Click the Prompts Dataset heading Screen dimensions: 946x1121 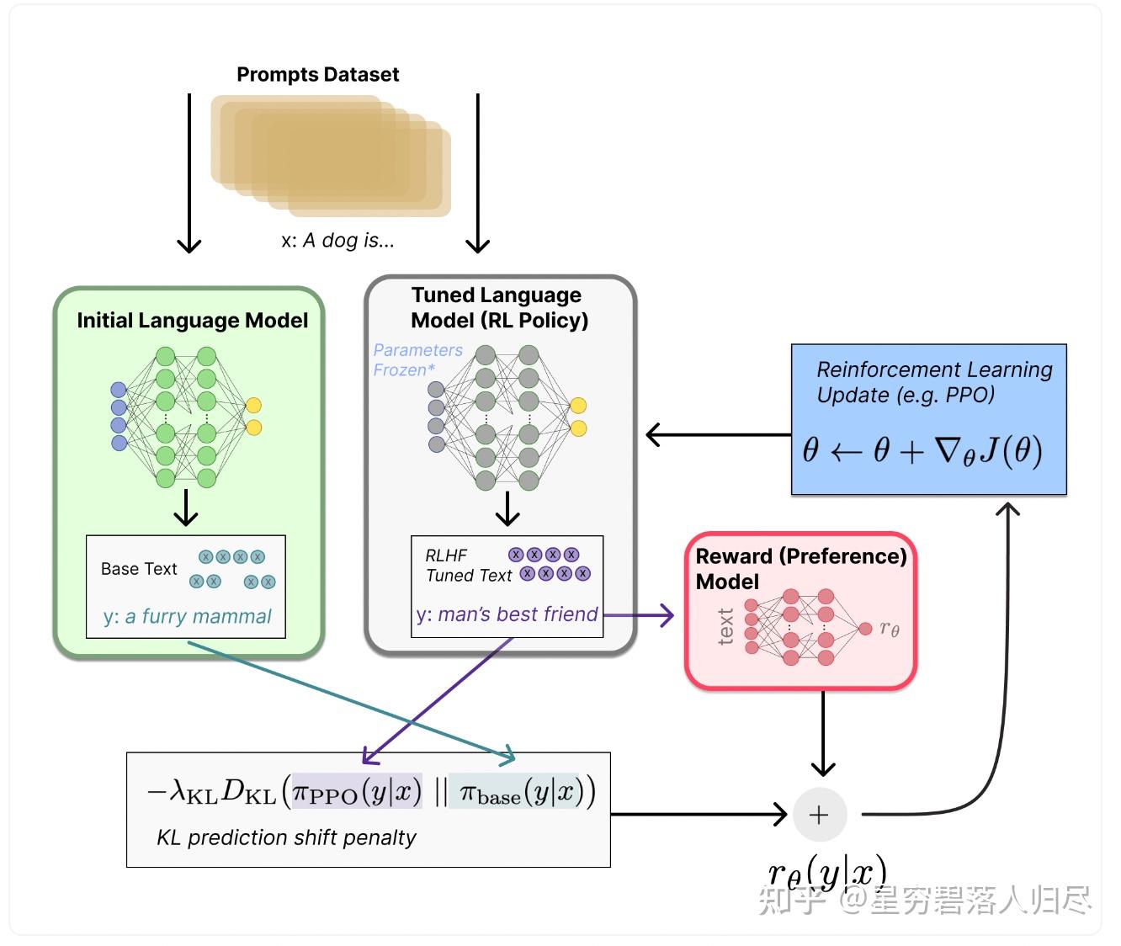[317, 74]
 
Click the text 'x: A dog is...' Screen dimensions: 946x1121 [337, 241]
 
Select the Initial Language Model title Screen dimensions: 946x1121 [192, 321]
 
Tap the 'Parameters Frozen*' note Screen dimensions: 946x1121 [417, 359]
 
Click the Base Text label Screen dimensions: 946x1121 [139, 569]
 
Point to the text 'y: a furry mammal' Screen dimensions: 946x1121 [187, 617]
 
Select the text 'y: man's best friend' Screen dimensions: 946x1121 [507, 614]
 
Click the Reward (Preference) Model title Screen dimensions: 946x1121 [800, 568]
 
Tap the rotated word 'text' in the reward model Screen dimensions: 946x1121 [725, 627]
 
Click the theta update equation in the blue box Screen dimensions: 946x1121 [922, 451]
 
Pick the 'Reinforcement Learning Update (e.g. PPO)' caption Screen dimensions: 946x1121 [933, 382]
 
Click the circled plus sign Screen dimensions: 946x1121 [819, 815]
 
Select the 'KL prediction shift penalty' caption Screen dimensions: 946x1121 [286, 838]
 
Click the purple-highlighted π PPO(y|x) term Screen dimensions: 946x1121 [357, 792]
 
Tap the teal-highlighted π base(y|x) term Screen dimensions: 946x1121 [517, 792]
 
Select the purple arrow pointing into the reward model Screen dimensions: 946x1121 [640, 615]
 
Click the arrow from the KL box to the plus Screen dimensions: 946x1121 [699, 814]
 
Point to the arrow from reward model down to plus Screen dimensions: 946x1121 [822, 732]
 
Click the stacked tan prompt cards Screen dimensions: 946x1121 [331, 155]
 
